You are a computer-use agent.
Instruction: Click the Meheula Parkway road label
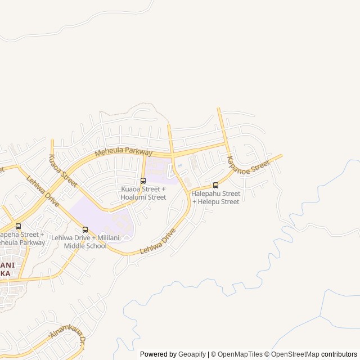(x=123, y=152)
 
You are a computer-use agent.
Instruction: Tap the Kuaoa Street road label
(x=62, y=167)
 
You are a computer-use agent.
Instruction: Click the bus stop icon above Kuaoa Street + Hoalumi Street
(x=143, y=181)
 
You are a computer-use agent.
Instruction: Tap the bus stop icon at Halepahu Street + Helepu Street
(x=215, y=185)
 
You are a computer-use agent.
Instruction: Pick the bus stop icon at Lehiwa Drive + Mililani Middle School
(x=85, y=229)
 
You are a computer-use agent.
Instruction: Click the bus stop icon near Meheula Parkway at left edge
(x=19, y=226)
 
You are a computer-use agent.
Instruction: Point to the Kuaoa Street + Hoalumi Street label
(x=143, y=193)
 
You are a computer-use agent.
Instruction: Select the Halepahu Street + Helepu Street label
(x=215, y=197)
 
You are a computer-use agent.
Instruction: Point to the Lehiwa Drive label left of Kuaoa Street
(x=43, y=191)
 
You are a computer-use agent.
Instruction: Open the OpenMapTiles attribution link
(x=240, y=354)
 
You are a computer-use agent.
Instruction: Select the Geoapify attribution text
(x=192, y=354)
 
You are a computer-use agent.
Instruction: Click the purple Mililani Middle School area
(x=101, y=217)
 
